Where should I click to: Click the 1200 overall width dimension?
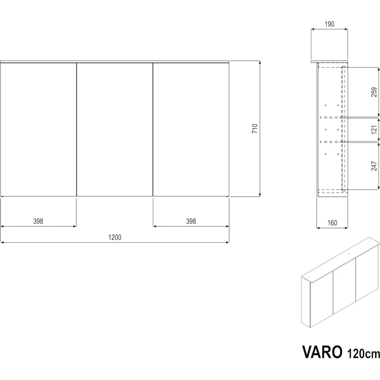click(114, 237)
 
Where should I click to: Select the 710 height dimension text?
click(255, 129)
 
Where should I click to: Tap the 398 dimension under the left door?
click(38, 221)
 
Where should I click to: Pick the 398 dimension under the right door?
click(191, 221)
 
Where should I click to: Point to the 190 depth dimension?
click(330, 24)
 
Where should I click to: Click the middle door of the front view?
click(115, 129)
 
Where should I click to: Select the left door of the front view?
click(39, 129)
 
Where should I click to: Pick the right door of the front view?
click(191, 129)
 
